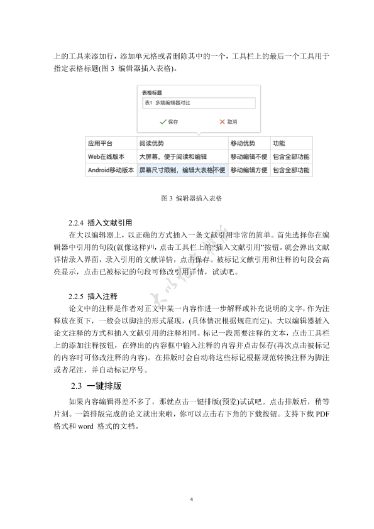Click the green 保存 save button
pos(169,121)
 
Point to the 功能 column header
pos(279,143)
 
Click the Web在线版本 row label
pos(106,156)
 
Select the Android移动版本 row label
pos(111,170)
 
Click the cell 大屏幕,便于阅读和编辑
pos(173,156)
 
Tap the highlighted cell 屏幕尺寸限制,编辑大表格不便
pos(182,170)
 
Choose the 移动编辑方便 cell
pos(249,170)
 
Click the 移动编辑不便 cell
pos(249,156)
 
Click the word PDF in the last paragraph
pos(322,413)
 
